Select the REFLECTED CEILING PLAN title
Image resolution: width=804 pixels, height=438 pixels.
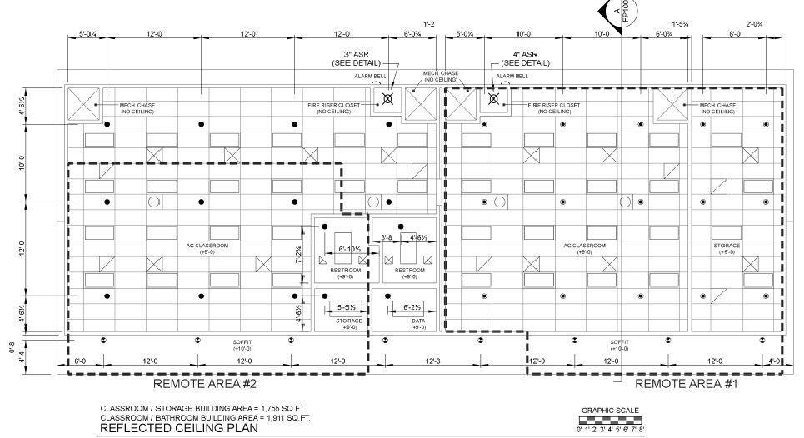180,429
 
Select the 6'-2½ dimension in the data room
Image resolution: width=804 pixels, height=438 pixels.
407,306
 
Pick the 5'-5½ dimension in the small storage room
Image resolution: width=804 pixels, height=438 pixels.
349,306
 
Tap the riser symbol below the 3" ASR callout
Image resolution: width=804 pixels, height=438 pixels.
387,99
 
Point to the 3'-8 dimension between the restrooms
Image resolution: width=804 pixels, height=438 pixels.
387,238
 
